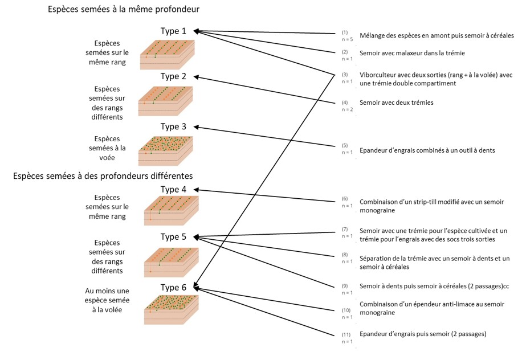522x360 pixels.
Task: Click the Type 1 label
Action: pyautogui.click(x=173, y=31)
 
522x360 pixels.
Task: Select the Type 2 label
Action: pyautogui.click(x=173, y=76)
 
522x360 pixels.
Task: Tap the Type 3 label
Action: pyautogui.click(x=173, y=127)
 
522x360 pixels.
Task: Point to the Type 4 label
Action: pyautogui.click(x=173, y=190)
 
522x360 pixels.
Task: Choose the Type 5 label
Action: pyautogui.click(x=173, y=237)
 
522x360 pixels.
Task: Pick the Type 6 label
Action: pyautogui.click(x=173, y=288)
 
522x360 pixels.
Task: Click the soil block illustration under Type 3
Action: pyautogui.click(x=166, y=151)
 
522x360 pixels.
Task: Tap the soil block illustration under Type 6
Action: pyautogui.click(x=172, y=310)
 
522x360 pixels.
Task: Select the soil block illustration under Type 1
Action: pyautogui.click(x=167, y=55)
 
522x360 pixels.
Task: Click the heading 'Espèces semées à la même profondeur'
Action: pyautogui.click(x=124, y=9)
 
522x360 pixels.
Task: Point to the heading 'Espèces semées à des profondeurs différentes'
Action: pyautogui.click(x=103, y=175)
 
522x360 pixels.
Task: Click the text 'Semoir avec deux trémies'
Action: pyautogui.click(x=397, y=103)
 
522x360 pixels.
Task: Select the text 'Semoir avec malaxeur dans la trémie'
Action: pyautogui.click(x=412, y=53)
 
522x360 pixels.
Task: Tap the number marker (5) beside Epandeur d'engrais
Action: pyautogui.click(x=345, y=145)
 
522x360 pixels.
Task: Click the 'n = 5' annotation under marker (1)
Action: pyautogui.click(x=347, y=40)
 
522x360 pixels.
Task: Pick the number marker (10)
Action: pyautogui.click(x=346, y=310)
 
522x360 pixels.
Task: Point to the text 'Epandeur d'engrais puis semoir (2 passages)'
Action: pyautogui.click(x=423, y=334)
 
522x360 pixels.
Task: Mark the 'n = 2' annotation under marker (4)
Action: pyautogui.click(x=347, y=109)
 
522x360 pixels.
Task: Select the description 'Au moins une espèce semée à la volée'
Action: pyautogui.click(x=107, y=300)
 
